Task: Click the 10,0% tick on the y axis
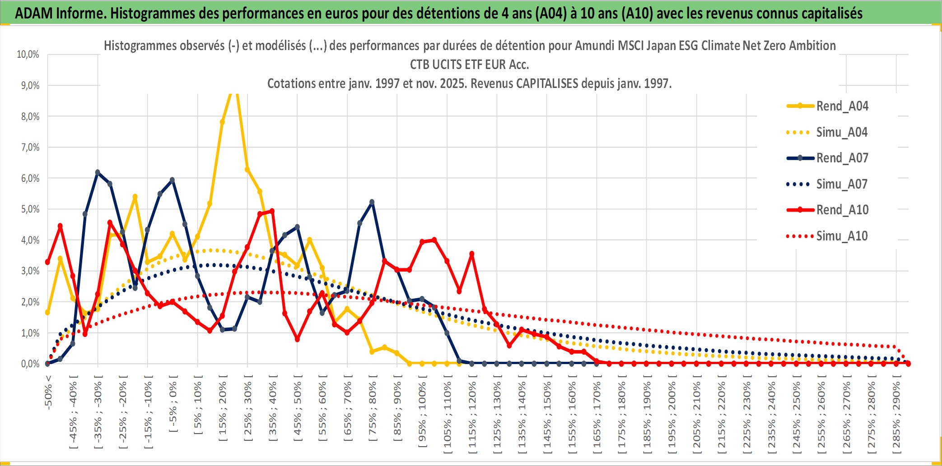[x=28, y=55]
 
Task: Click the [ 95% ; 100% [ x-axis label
[x=422, y=415]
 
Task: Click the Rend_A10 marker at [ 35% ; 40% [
[x=272, y=211]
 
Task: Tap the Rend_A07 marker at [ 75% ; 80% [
[x=372, y=203]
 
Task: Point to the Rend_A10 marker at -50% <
[x=47, y=262]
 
